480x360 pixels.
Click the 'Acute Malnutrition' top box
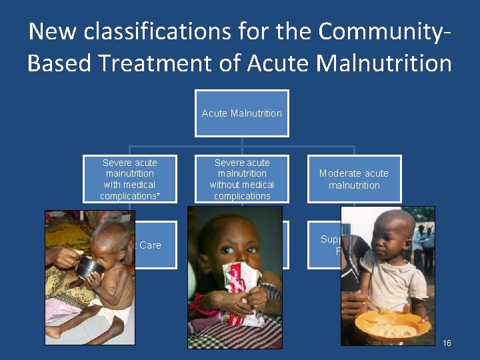[x=241, y=113]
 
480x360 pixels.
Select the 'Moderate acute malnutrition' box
[x=354, y=179]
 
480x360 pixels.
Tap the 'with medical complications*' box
[x=129, y=179]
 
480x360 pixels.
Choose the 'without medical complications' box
[x=241, y=179]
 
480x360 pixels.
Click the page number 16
[x=447, y=343]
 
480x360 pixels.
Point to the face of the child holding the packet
[x=237, y=240]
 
